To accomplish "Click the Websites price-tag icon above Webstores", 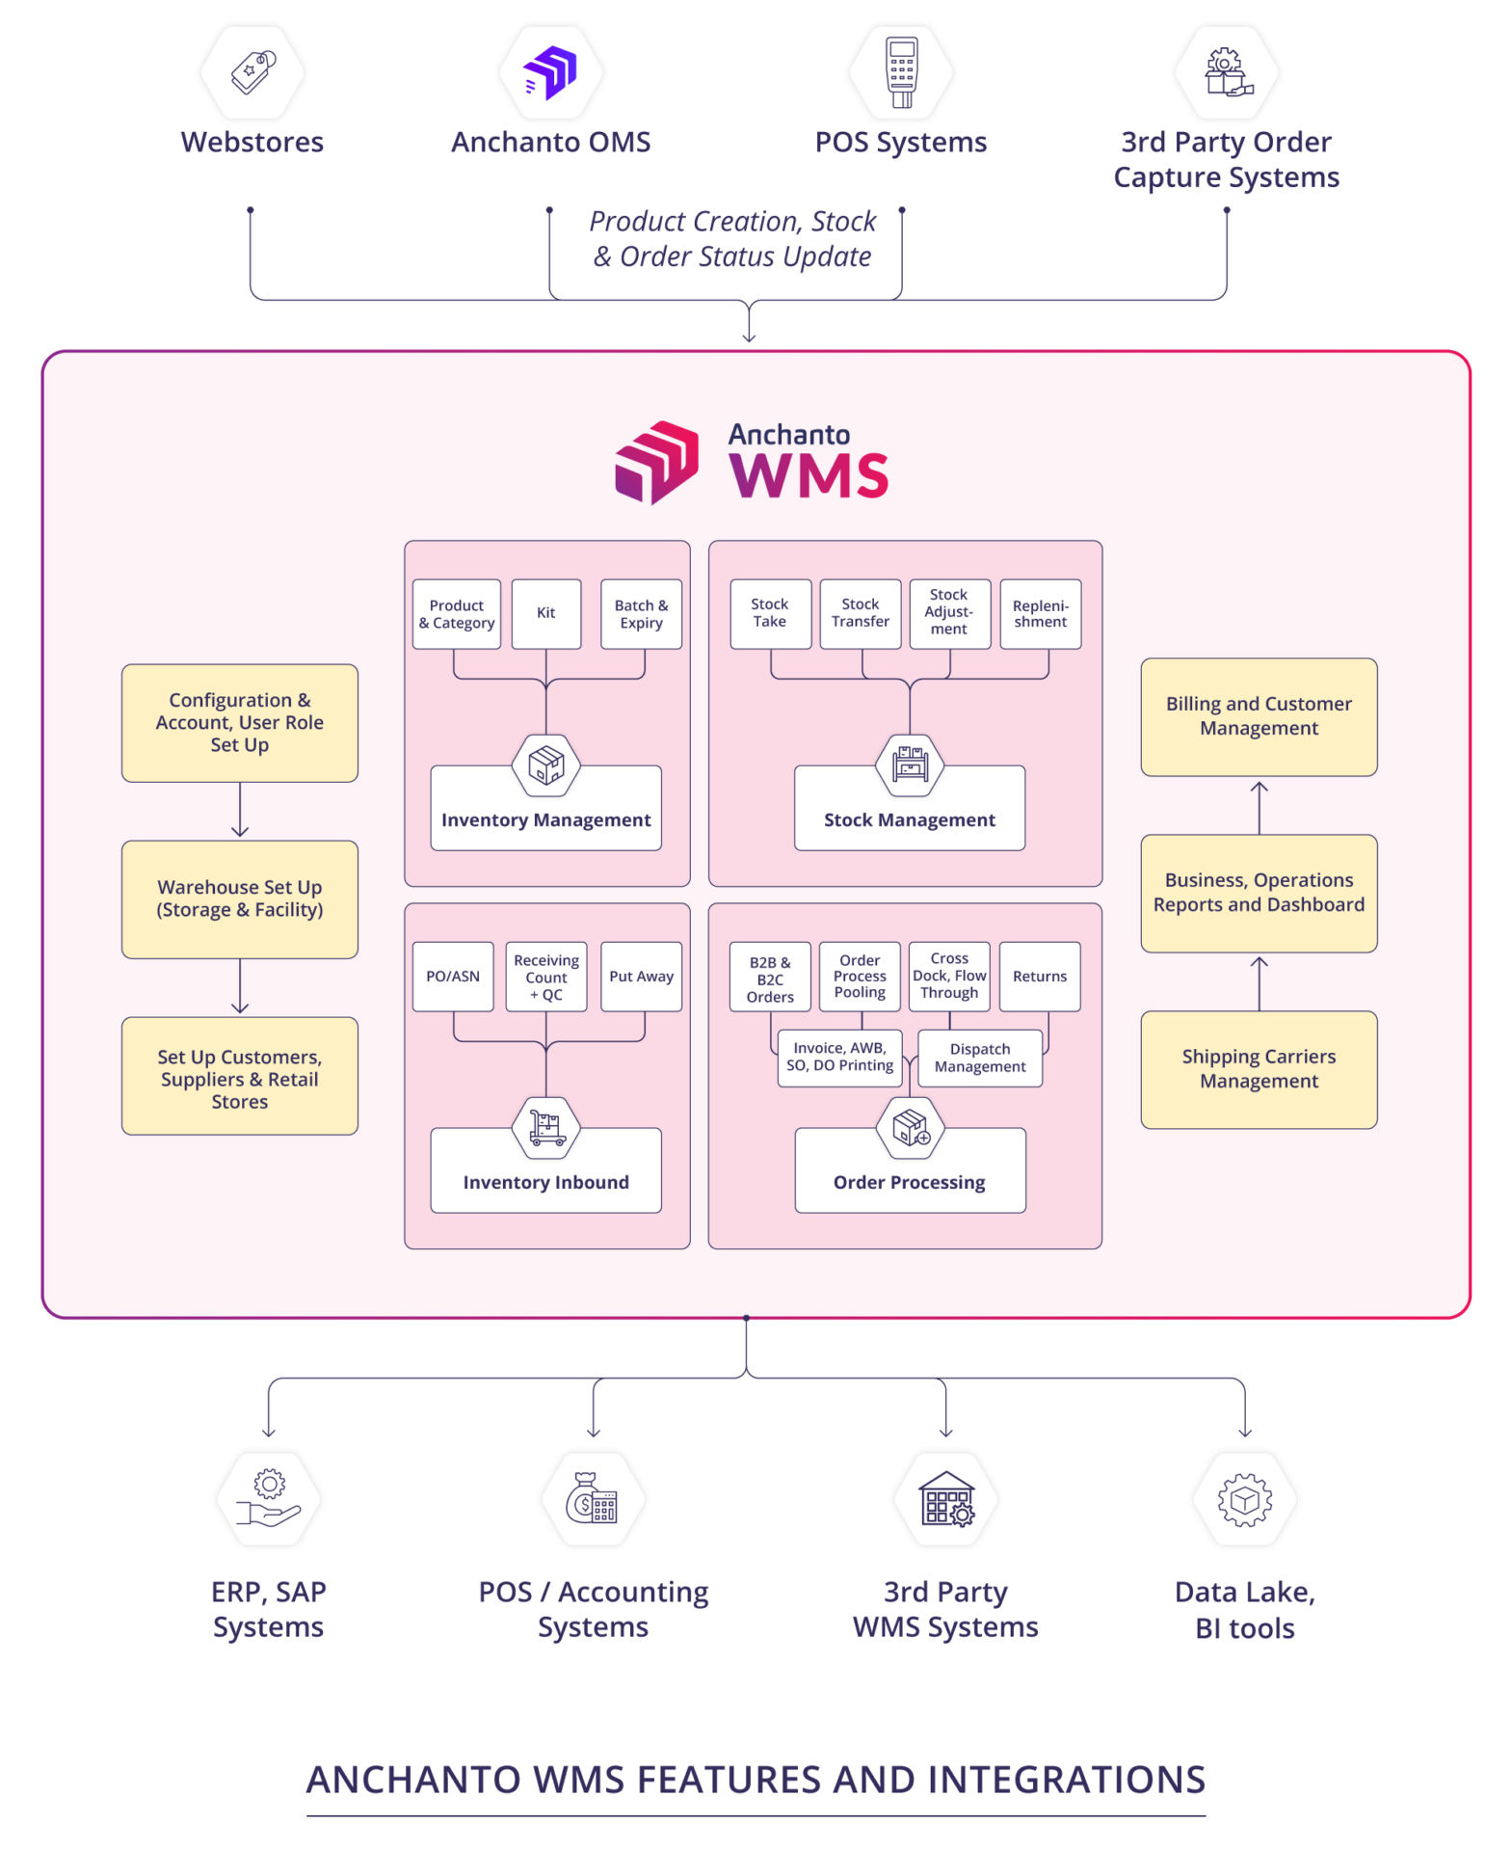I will pos(252,72).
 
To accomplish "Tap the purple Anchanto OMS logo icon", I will pos(550,72).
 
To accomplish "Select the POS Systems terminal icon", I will pos(901,72).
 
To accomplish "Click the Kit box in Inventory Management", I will pos(545,613).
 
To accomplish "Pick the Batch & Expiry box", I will pos(641,613).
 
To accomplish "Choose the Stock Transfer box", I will pos(860,613).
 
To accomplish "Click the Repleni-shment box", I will pos(1040,613).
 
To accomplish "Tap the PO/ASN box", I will pos(453,976).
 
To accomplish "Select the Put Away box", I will pos(641,976).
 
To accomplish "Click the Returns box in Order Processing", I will pos(1039,976).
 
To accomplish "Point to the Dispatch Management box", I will pos(979,1058).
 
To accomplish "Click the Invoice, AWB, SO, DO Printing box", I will pos(839,1057).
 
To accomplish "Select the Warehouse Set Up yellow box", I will pos(240,899).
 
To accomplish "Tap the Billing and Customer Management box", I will pos(1258,716).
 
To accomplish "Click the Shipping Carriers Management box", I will pos(1258,1068).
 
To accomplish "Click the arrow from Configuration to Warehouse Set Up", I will pos(240,810).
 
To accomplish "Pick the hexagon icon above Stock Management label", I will pos(909,765).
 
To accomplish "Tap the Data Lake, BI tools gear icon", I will pos(1244,1500).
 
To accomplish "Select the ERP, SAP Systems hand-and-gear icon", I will pos(269,1498).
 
